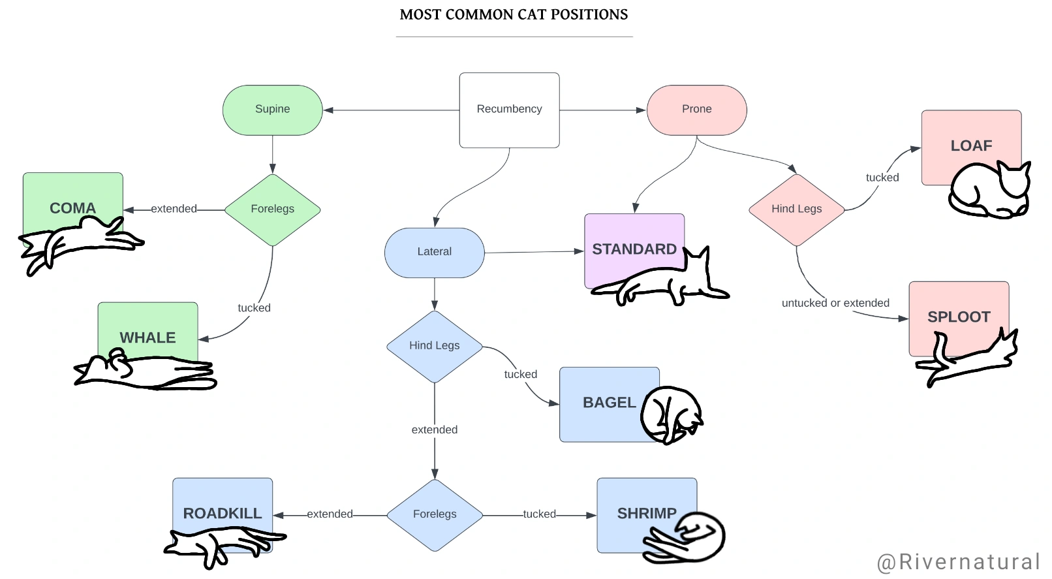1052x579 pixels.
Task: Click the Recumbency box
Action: pyautogui.click(x=509, y=110)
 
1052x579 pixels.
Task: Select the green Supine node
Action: pyautogui.click(x=273, y=110)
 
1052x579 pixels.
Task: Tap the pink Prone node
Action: pyautogui.click(x=696, y=110)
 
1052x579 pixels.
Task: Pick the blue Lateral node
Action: pyautogui.click(x=434, y=252)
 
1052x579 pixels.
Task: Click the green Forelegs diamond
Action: pyautogui.click(x=272, y=210)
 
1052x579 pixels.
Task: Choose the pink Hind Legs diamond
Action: pyautogui.click(x=796, y=210)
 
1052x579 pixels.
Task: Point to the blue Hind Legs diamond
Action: pyautogui.click(x=434, y=346)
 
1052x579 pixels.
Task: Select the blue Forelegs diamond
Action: pyautogui.click(x=435, y=514)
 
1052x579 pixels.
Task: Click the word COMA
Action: pyautogui.click(x=72, y=208)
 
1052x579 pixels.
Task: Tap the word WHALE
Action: pyautogui.click(x=147, y=338)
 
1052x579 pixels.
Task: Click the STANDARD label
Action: pyautogui.click(x=634, y=249)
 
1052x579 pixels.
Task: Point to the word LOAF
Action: pyautogui.click(x=971, y=146)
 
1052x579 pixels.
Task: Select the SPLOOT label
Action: pyautogui.click(x=959, y=317)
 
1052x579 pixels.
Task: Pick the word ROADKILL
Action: pyautogui.click(x=222, y=514)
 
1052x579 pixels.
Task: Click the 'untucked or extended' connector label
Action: pyautogui.click(x=835, y=303)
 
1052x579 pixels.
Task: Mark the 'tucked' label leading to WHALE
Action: pyautogui.click(x=254, y=308)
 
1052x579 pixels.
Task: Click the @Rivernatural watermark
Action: pyautogui.click(x=957, y=562)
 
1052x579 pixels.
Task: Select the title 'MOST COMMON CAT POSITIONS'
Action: pyautogui.click(x=514, y=14)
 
